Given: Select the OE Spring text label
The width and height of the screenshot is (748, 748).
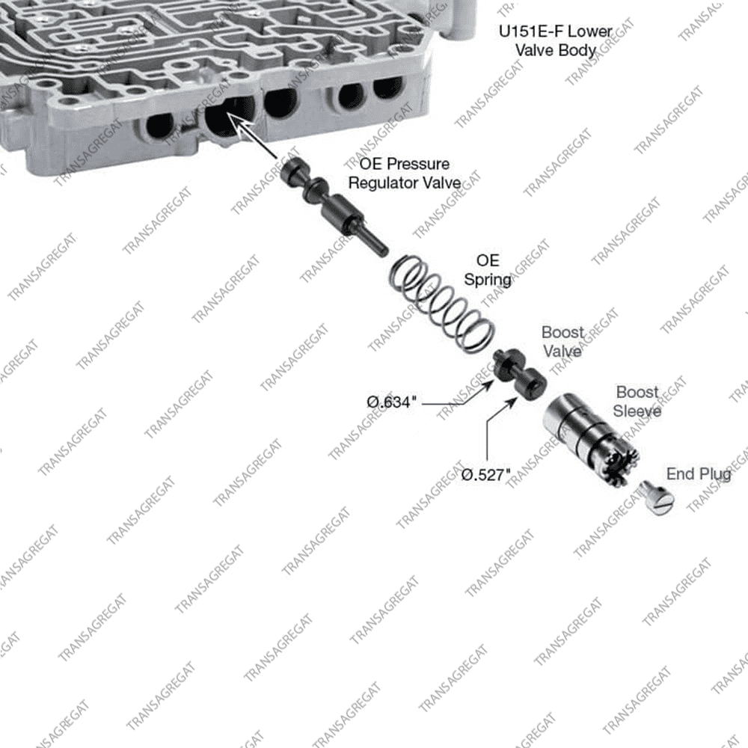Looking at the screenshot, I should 488,270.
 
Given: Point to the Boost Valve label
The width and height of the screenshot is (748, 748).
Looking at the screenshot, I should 562,341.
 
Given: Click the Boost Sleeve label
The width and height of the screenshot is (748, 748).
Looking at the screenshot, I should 638,401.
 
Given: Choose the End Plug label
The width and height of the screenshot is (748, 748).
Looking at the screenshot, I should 699,474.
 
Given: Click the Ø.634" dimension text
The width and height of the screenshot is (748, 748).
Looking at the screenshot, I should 390,402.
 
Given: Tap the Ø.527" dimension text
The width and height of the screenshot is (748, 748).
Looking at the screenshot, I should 485,474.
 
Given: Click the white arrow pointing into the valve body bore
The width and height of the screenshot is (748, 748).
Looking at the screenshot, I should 247,129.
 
